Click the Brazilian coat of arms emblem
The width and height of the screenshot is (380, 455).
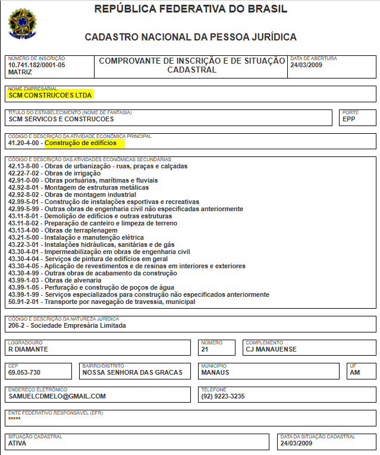click(x=21, y=23)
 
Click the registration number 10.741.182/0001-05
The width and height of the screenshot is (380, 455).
click(x=37, y=65)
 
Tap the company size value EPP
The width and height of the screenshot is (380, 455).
click(x=349, y=119)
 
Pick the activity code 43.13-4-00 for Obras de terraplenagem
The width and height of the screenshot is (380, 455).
click(x=24, y=230)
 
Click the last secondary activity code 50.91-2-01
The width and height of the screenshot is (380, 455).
click(x=24, y=302)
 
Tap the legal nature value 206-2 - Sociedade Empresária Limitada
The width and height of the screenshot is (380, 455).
click(x=67, y=325)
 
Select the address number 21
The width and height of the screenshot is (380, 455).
click(x=205, y=349)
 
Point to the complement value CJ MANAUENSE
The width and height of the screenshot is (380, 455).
click(x=271, y=349)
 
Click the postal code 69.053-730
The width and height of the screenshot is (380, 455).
click(x=24, y=372)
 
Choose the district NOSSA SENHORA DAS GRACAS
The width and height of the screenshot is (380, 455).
click(x=132, y=372)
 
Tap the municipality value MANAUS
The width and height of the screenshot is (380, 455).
click(x=215, y=372)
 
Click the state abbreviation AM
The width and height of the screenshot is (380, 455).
click(x=355, y=372)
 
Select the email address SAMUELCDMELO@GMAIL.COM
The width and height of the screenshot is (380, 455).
click(x=57, y=396)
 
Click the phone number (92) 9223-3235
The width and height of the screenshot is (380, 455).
click(x=223, y=396)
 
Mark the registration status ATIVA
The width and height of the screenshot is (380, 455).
click(x=18, y=443)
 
